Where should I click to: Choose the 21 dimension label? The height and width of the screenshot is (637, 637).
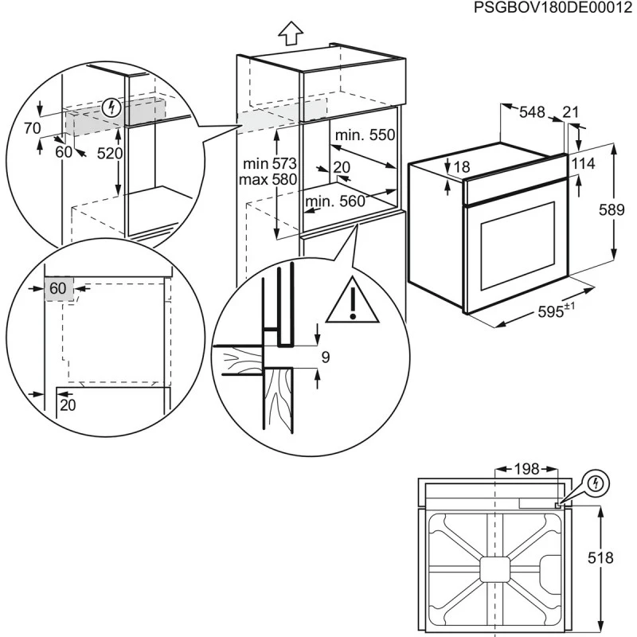click(x=571, y=112)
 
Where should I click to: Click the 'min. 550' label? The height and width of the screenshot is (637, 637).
click(x=365, y=136)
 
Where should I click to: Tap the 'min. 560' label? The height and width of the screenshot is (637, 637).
click(x=335, y=201)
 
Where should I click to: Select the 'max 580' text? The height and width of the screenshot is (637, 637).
click(x=268, y=179)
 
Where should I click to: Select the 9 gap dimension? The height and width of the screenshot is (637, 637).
click(x=325, y=358)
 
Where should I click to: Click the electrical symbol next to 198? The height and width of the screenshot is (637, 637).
click(x=596, y=483)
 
